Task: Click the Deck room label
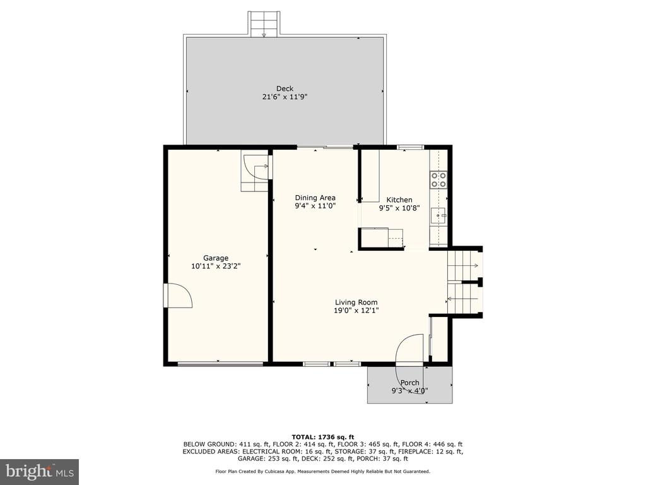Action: coord(285,88)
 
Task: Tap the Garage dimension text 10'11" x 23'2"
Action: coord(216,266)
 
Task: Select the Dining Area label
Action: coord(315,198)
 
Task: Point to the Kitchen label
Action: coord(399,200)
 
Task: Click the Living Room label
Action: coord(356,302)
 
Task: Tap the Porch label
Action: coord(410,383)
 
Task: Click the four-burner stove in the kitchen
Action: coord(438,180)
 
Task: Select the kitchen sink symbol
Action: coord(438,215)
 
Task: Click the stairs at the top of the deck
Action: coord(264,25)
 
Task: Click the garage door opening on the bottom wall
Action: coord(220,364)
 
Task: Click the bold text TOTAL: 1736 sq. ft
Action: coord(323,437)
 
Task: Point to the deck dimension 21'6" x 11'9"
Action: coord(285,97)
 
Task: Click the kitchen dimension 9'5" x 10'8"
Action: coord(399,208)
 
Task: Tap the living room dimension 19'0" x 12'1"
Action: coord(356,311)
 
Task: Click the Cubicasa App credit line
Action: coord(322,471)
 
